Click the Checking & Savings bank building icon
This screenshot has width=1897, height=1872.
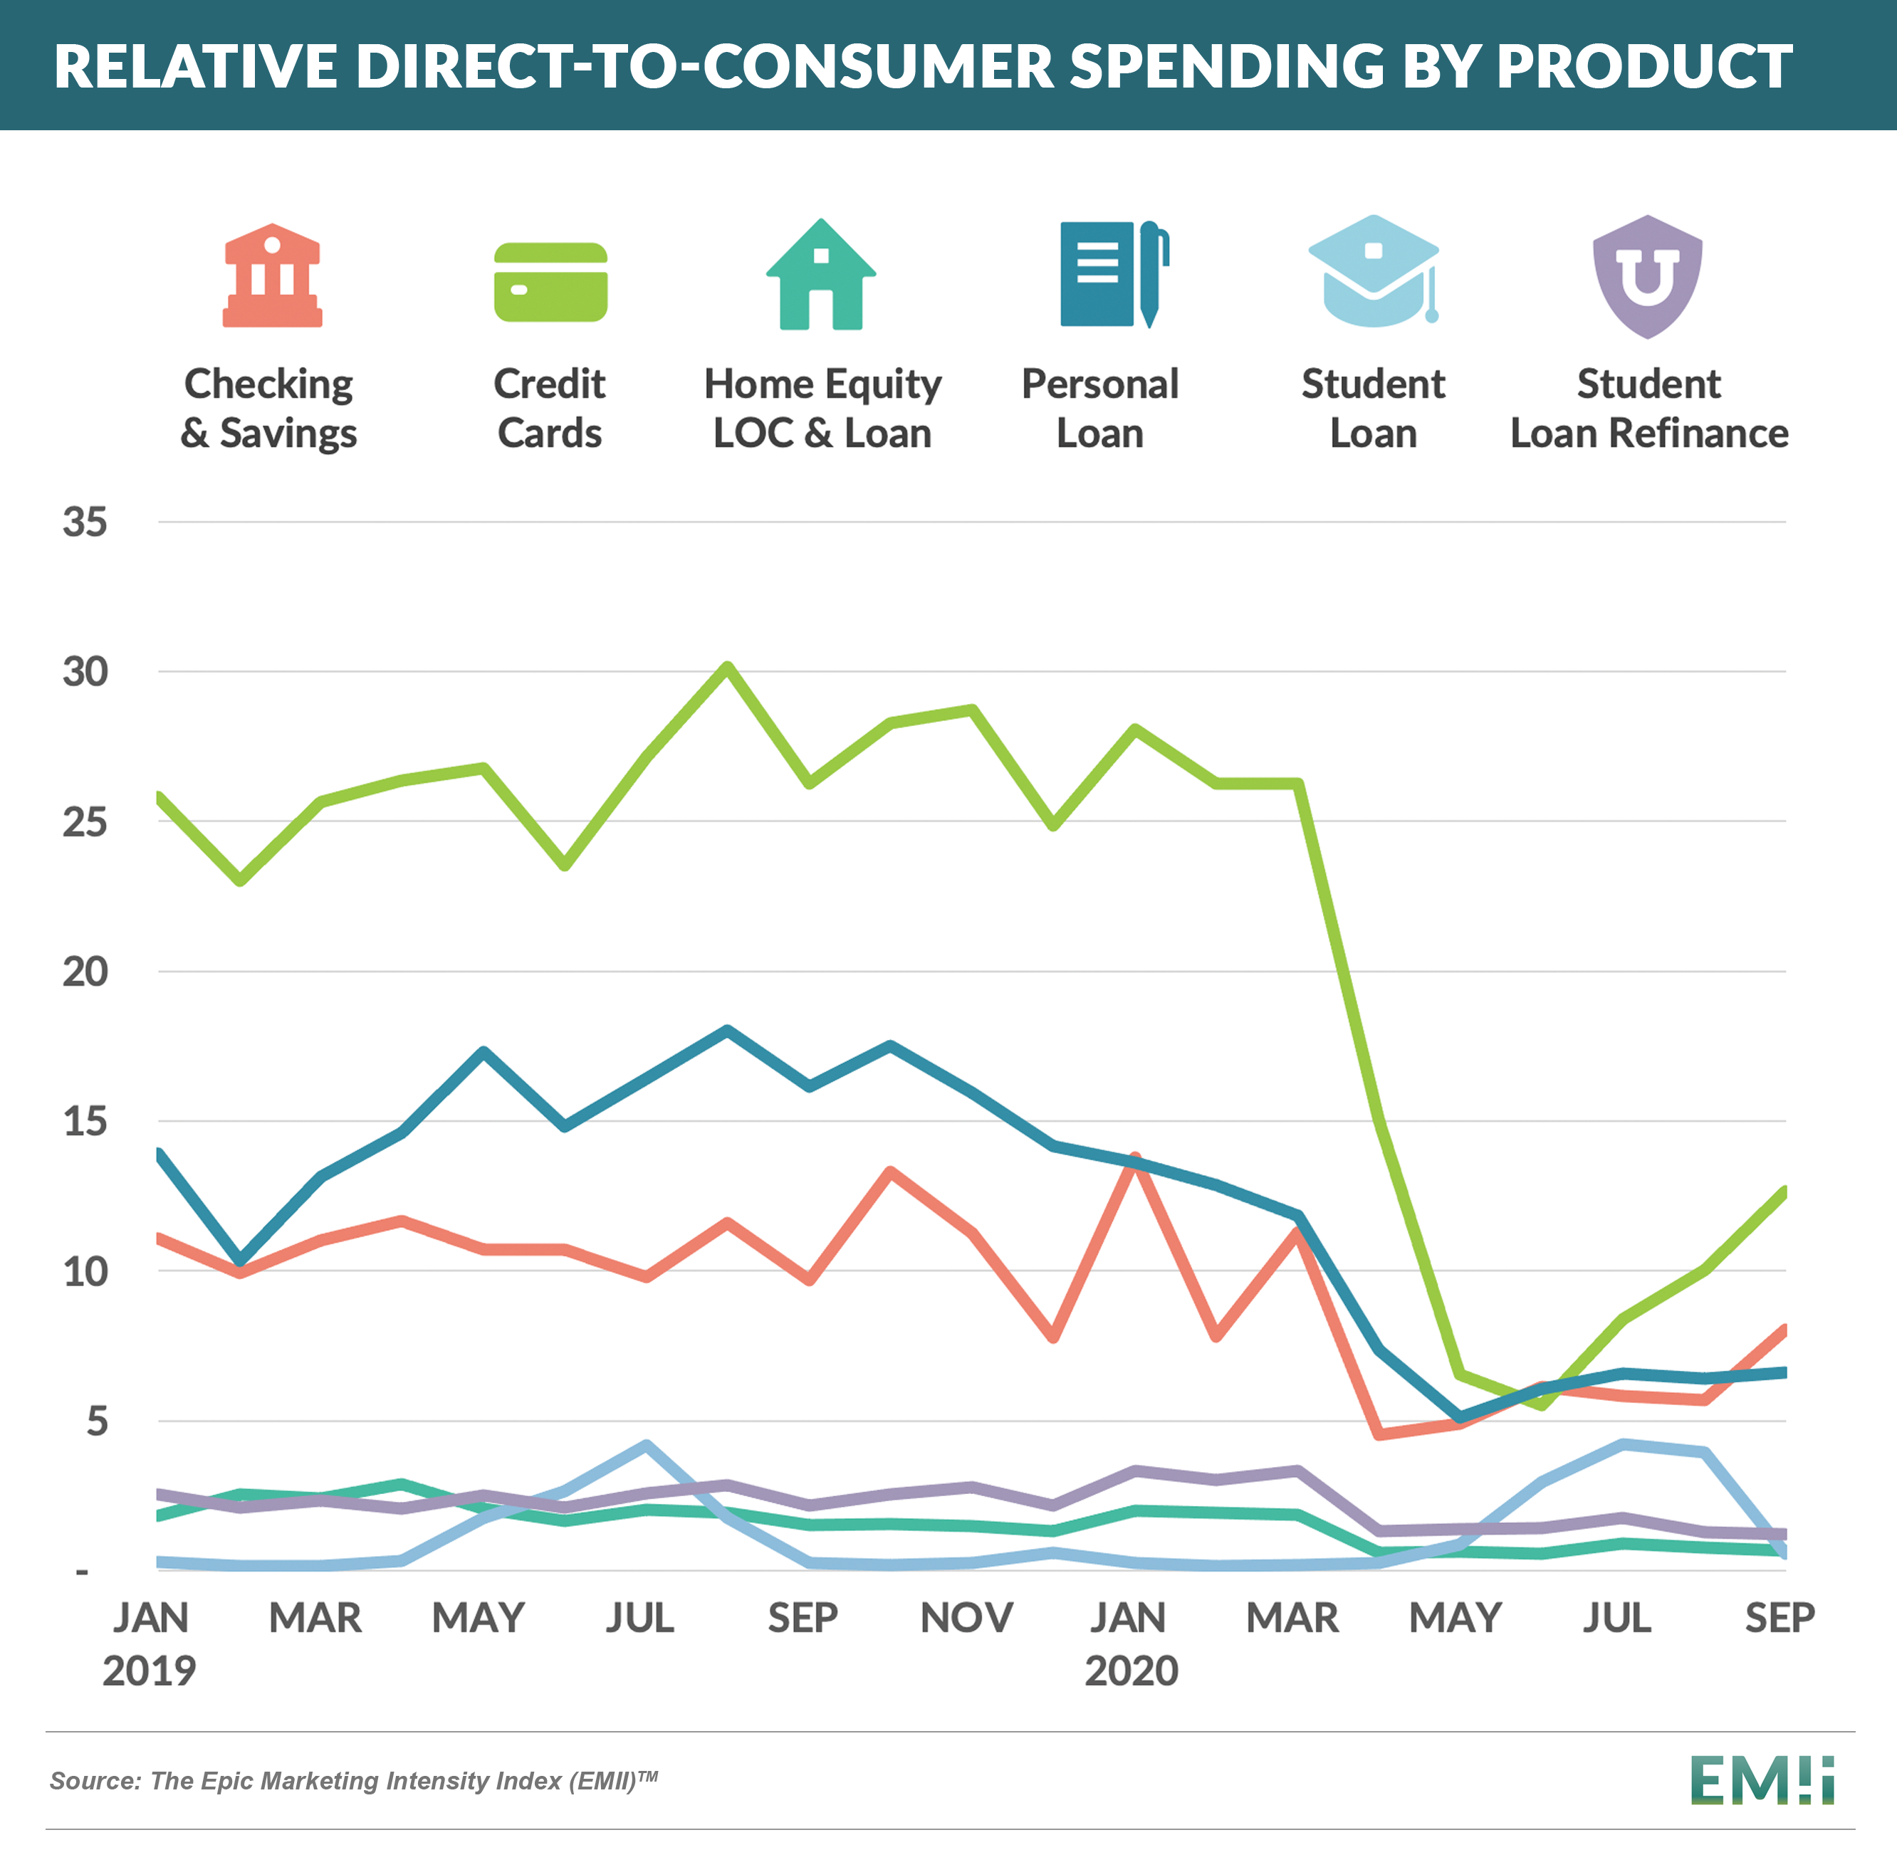coord(272,276)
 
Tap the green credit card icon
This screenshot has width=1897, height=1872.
coord(550,282)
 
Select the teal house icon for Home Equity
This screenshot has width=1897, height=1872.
coord(821,276)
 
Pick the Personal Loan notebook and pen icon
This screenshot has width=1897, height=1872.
coord(1112,275)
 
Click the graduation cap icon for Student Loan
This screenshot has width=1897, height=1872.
coord(1373,272)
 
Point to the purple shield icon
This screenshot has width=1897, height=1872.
coord(1646,276)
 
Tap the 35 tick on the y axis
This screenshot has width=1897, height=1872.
coord(85,522)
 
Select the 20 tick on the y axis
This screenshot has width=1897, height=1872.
coord(85,972)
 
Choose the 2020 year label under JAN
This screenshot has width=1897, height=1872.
coord(1131,1671)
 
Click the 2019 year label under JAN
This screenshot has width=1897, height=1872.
coord(150,1671)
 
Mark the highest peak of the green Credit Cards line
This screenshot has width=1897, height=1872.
coord(726,668)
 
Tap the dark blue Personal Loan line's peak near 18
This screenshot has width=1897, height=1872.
coord(726,1030)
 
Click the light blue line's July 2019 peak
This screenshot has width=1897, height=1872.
coord(646,1445)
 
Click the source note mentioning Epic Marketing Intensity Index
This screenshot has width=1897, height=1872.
coord(353,1781)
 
